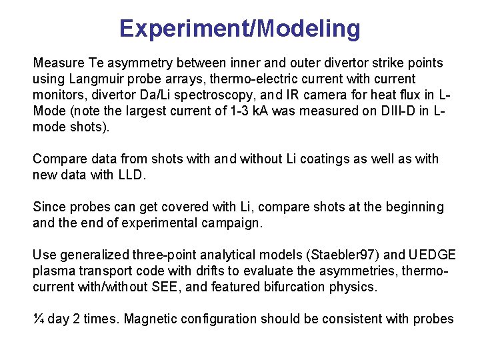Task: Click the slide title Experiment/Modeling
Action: click(240, 29)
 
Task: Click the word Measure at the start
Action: click(58, 63)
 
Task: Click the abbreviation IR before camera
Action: click(296, 95)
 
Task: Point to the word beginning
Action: click(413, 207)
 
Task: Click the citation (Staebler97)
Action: click(319, 255)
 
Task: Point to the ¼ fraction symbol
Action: click(39, 319)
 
